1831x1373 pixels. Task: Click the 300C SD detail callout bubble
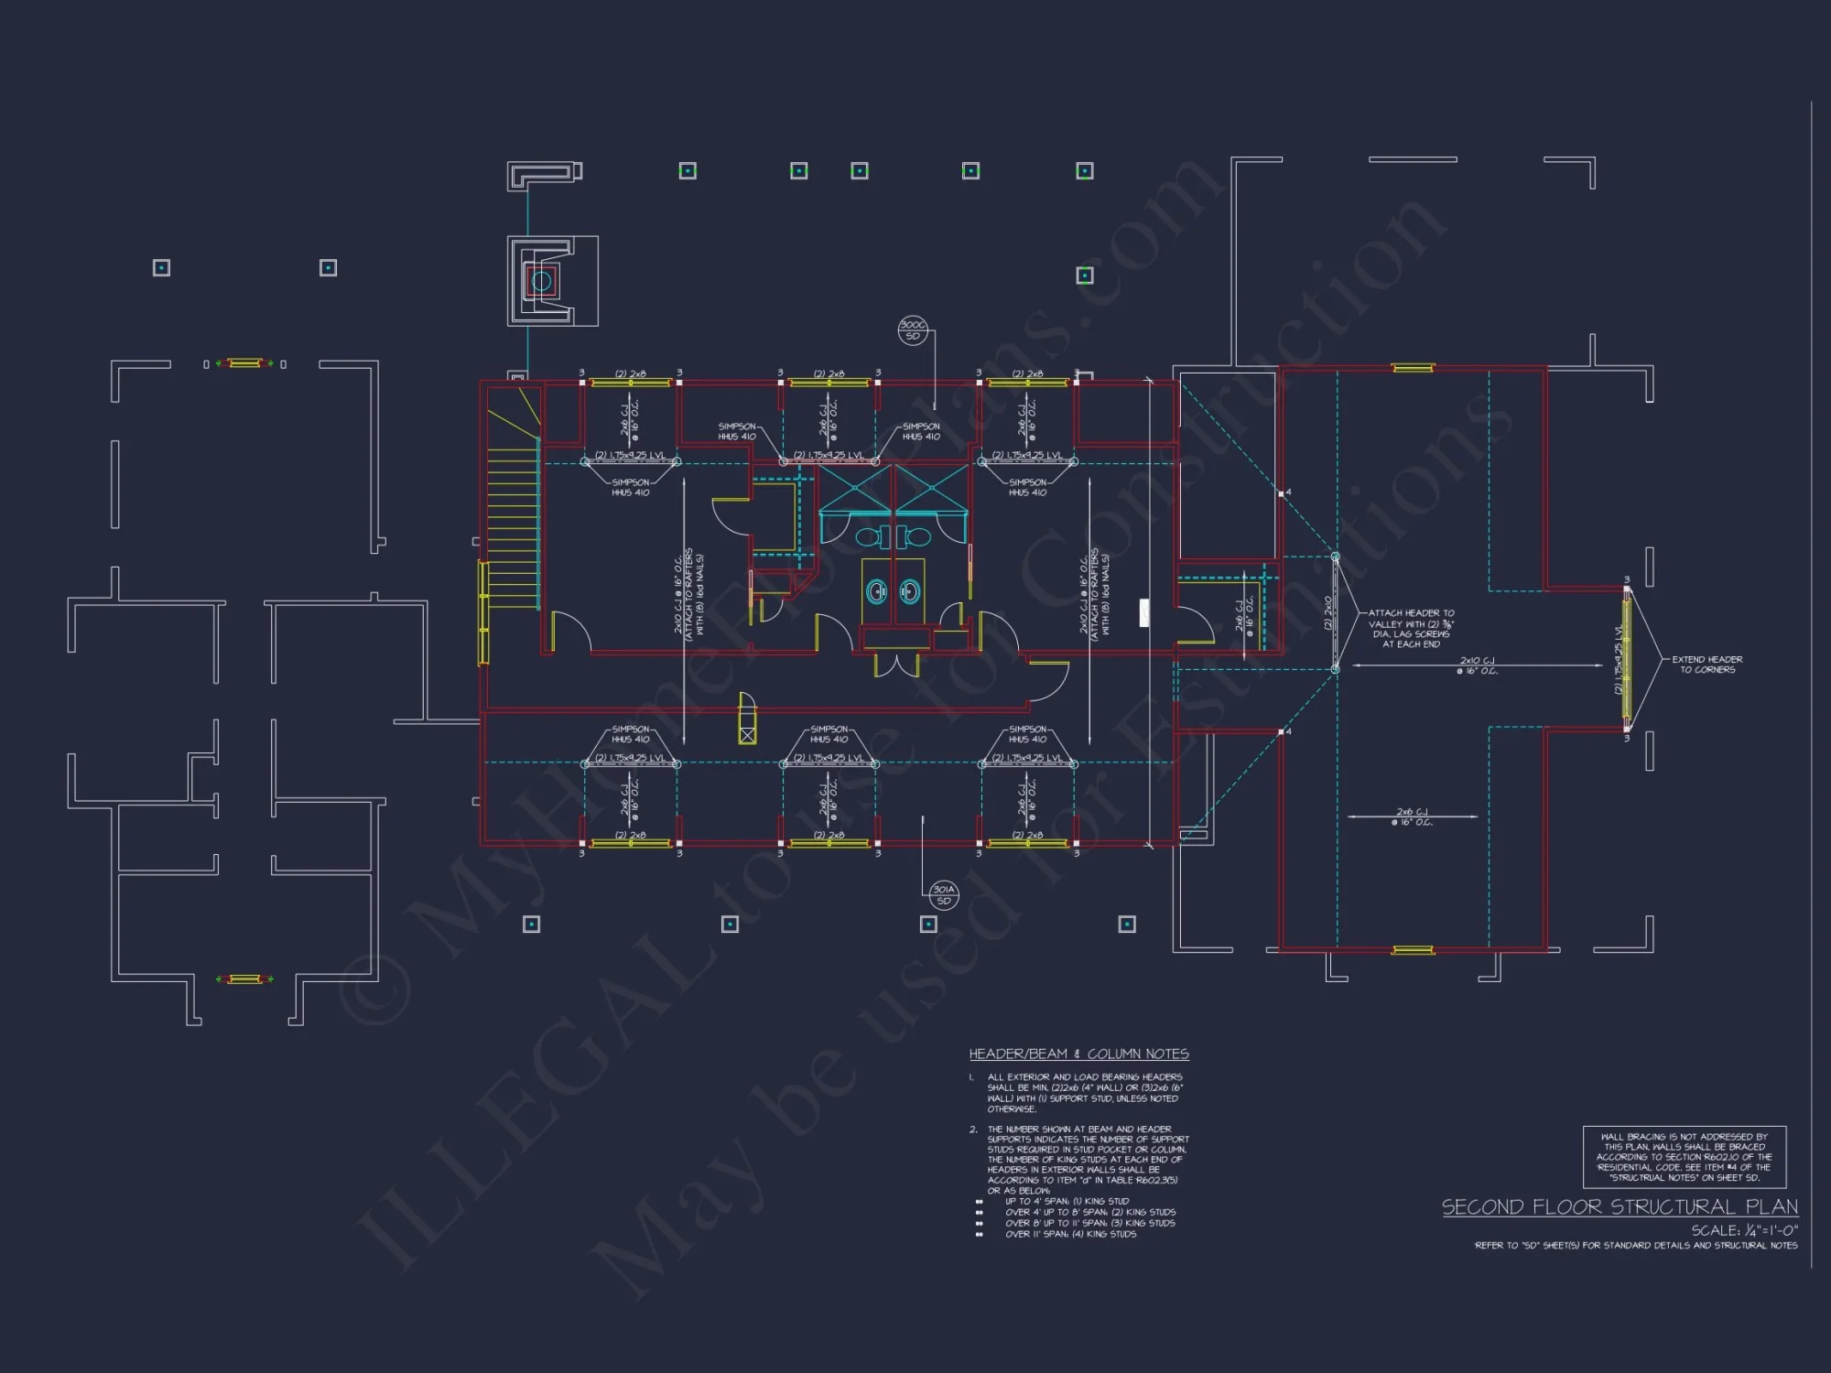(x=913, y=330)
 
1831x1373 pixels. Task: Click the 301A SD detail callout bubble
(x=944, y=895)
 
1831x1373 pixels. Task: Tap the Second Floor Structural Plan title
(x=1620, y=1206)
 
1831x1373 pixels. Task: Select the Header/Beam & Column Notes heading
(x=1078, y=1054)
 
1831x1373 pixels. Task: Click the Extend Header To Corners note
(x=1706, y=665)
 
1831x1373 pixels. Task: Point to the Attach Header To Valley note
(x=1411, y=629)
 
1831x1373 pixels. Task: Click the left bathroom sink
(x=877, y=591)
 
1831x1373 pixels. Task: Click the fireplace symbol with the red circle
(x=541, y=281)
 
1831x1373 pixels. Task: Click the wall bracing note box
(x=1685, y=1157)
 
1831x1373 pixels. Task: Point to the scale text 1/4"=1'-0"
(x=1744, y=1230)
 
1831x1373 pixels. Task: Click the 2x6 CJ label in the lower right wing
(x=1412, y=816)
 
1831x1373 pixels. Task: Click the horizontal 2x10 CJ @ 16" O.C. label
(x=1477, y=665)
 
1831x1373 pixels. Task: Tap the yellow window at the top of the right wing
(x=1412, y=368)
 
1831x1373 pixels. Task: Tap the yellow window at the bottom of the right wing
(x=1412, y=950)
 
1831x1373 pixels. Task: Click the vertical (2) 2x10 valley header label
(x=1327, y=612)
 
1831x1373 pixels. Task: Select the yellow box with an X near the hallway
(x=747, y=734)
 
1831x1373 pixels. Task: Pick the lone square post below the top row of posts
(x=1085, y=275)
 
